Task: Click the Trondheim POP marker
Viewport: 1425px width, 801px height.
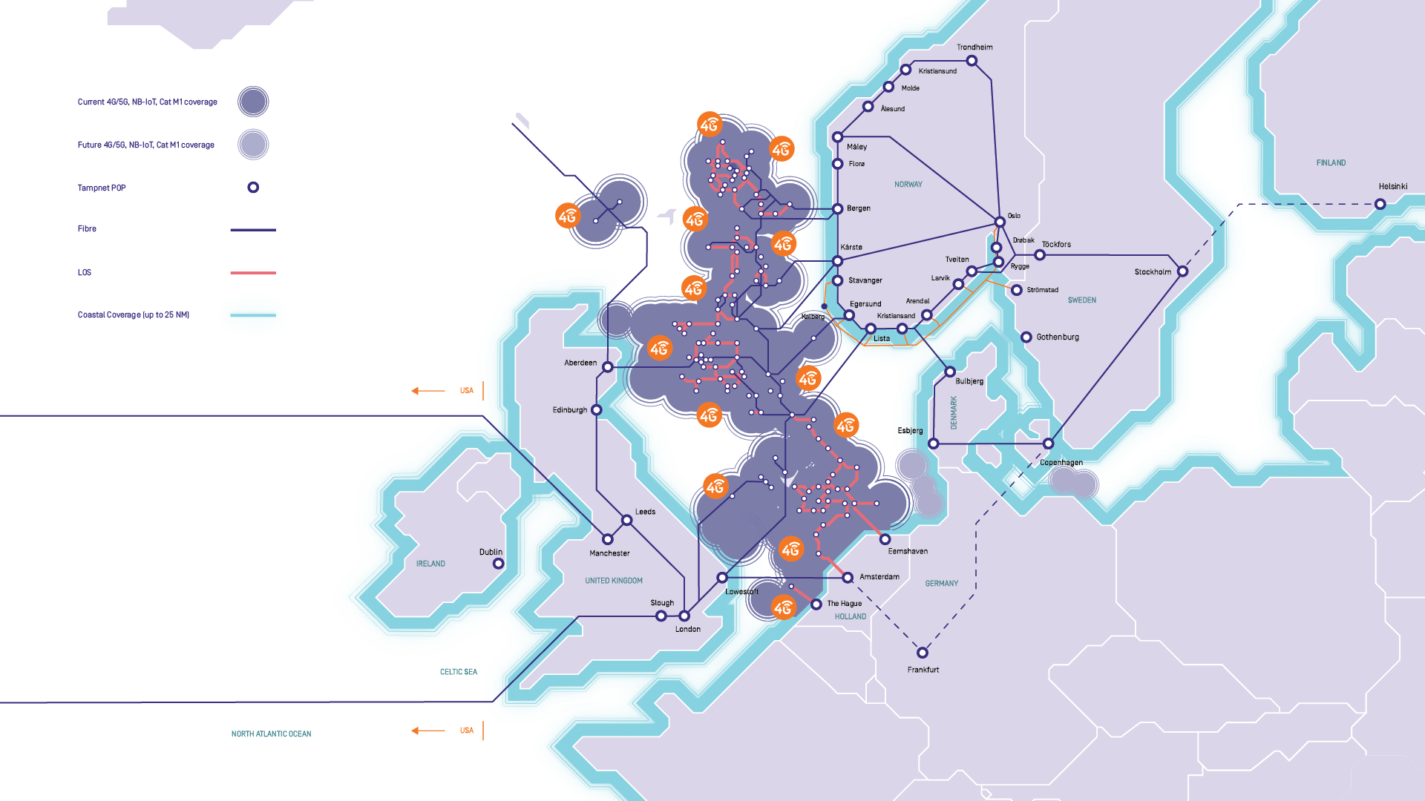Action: [x=972, y=61]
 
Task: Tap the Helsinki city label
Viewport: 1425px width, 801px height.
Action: [x=1392, y=187]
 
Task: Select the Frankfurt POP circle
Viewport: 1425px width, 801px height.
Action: [x=922, y=653]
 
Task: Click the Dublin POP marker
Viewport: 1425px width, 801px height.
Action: [x=499, y=564]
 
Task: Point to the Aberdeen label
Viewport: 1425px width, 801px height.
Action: [x=580, y=363]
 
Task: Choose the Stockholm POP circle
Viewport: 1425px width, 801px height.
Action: [x=1182, y=271]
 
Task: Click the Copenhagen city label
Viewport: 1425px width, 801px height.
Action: [x=1061, y=463]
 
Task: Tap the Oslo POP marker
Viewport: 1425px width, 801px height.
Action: [x=1000, y=222]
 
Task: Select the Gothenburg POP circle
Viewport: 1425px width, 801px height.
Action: [x=1026, y=337]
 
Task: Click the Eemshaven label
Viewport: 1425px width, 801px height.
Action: [x=908, y=552]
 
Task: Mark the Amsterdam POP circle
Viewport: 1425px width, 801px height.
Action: [x=848, y=578]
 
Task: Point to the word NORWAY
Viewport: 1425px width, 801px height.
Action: [x=908, y=185]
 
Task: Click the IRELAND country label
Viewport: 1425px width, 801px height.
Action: [x=430, y=564]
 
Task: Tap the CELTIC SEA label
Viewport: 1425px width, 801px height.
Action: [x=458, y=672]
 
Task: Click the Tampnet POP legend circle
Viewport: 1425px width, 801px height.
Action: [x=253, y=188]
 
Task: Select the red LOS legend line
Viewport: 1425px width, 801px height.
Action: [x=252, y=273]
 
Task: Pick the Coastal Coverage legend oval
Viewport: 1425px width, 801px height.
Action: [x=252, y=315]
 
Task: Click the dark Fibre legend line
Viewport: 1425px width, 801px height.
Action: [x=252, y=230]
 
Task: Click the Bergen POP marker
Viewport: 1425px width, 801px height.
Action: [x=837, y=209]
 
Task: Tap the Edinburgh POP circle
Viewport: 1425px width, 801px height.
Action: [x=596, y=410]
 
